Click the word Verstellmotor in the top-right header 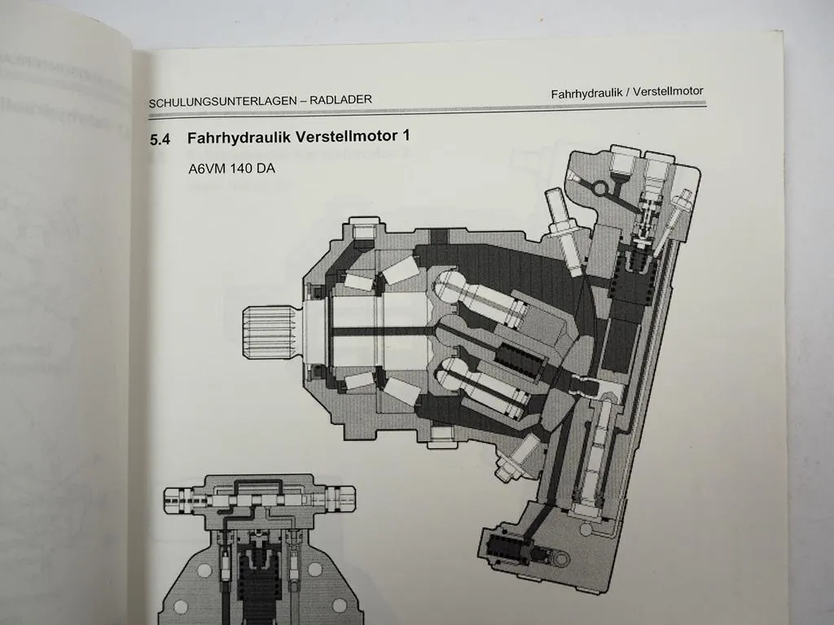[665, 91]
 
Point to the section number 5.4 [160, 140]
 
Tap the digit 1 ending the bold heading [404, 136]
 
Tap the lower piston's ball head [453, 374]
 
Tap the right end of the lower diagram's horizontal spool [345, 495]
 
